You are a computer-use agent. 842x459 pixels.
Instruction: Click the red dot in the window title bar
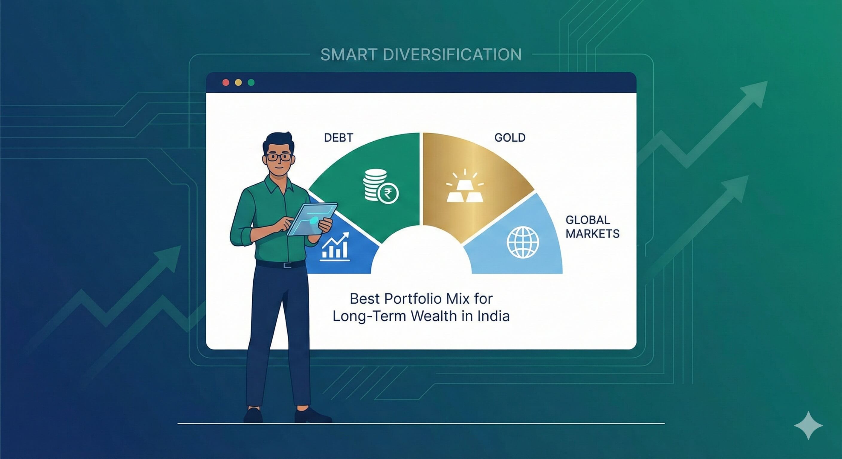225,82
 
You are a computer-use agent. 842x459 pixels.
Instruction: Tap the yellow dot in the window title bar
238,82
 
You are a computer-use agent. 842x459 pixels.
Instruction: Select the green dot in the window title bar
251,82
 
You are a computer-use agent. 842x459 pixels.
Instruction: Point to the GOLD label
510,137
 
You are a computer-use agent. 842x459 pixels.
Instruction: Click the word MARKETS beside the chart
592,234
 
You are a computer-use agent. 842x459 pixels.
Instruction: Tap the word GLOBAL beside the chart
588,220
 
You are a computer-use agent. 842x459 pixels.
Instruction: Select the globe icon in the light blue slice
523,242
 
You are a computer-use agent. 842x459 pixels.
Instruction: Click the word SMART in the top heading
349,55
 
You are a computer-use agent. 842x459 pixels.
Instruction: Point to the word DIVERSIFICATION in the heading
452,55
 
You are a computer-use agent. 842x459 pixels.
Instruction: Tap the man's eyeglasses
279,157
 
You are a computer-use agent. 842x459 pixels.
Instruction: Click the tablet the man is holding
312,219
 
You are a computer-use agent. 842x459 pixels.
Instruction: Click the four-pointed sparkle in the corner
808,425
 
